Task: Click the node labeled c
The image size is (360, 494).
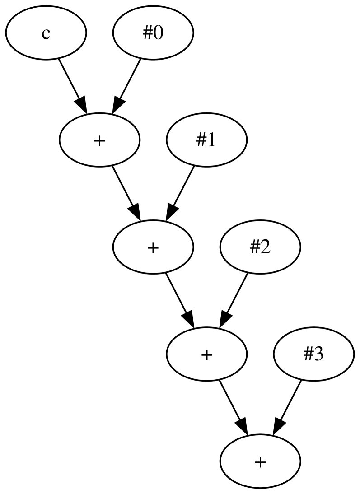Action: click(x=46, y=33)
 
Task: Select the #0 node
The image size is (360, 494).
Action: click(x=153, y=33)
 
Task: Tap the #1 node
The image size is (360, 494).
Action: click(x=207, y=140)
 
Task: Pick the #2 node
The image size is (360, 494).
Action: click(x=260, y=247)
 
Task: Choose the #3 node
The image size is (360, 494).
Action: click(x=313, y=354)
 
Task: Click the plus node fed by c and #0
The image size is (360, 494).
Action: click(x=99, y=140)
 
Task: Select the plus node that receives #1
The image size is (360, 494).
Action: click(x=153, y=247)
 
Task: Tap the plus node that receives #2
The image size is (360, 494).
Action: click(x=206, y=354)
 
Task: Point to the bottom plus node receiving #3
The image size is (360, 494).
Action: click(x=260, y=461)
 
